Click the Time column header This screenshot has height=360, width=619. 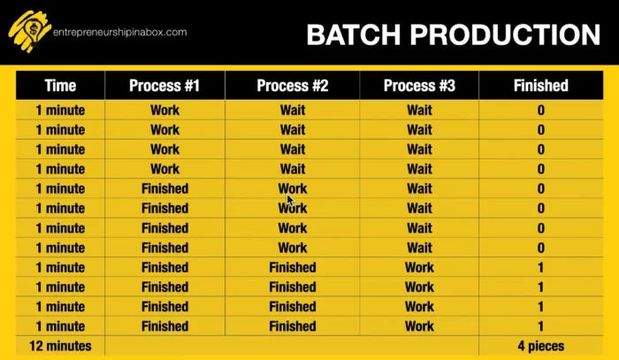click(x=60, y=86)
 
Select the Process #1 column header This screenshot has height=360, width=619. click(x=164, y=86)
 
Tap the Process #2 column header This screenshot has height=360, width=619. click(x=293, y=86)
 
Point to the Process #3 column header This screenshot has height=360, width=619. click(x=419, y=86)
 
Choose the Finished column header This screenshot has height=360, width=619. click(x=540, y=86)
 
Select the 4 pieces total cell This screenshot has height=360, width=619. click(x=540, y=346)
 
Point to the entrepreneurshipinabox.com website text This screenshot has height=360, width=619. click(x=120, y=32)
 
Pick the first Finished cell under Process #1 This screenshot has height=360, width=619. click(x=164, y=188)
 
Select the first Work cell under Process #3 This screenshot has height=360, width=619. click(x=419, y=267)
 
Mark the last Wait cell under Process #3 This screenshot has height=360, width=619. click(x=419, y=248)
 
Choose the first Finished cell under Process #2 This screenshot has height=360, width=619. click(x=293, y=267)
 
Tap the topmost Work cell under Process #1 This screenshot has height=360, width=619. click(x=164, y=111)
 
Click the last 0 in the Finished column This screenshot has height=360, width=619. click(x=540, y=248)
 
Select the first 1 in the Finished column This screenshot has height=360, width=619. click(x=540, y=267)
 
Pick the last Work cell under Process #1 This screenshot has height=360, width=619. click(x=164, y=169)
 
